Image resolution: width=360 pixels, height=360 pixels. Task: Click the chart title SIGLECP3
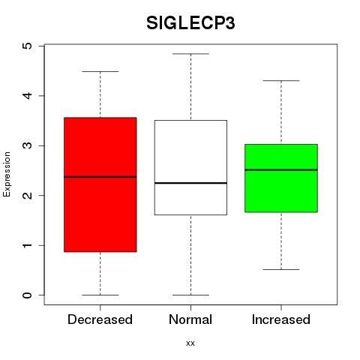[x=190, y=23]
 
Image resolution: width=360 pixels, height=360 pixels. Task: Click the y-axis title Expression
[x=7, y=174]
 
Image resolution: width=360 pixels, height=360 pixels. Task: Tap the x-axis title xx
[x=190, y=343]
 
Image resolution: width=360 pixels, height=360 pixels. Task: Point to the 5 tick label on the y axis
[x=27, y=46]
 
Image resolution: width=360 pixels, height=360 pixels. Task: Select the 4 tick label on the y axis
[x=27, y=95]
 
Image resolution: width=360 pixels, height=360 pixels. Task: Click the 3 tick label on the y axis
[x=27, y=145]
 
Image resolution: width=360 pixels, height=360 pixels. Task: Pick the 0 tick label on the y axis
[x=27, y=295]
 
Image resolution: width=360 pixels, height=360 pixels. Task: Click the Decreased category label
[x=100, y=319]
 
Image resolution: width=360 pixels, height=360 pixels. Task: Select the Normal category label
[x=190, y=319]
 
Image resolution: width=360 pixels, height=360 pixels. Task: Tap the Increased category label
[x=281, y=319]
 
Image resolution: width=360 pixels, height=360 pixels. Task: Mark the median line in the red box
[x=100, y=177]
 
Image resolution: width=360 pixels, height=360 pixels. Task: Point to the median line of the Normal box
[x=190, y=183]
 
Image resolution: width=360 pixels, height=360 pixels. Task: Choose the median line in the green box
[x=281, y=169]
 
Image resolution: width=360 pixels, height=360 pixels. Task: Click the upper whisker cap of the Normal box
[x=190, y=54]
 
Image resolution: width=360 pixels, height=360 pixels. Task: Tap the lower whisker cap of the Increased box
[x=281, y=269]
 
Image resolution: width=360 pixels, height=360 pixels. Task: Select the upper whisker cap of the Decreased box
[x=100, y=71]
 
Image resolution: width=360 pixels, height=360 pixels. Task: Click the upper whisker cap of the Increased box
[x=281, y=80]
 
